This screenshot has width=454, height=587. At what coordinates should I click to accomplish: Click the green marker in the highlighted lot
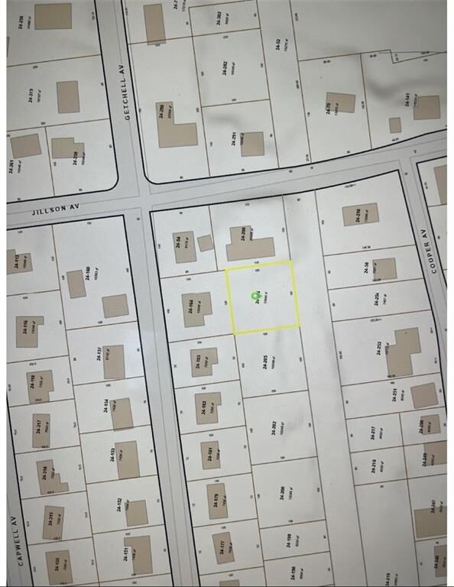(256, 295)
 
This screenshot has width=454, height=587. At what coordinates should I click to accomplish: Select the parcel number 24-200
(281, 494)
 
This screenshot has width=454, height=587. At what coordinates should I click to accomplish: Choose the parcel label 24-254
(377, 299)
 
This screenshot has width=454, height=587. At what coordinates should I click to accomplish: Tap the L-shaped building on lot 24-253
(404, 352)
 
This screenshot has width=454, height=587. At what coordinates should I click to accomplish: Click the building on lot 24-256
(361, 214)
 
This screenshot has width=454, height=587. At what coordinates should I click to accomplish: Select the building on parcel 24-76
(340, 103)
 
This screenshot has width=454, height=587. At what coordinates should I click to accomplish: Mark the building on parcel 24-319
(68, 97)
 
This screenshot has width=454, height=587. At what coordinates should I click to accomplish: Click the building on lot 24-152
(136, 512)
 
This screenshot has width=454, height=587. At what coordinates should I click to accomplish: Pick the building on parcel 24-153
(128, 459)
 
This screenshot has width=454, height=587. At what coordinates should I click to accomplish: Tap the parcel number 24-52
(277, 44)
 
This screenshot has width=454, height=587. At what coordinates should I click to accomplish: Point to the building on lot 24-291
(252, 144)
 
